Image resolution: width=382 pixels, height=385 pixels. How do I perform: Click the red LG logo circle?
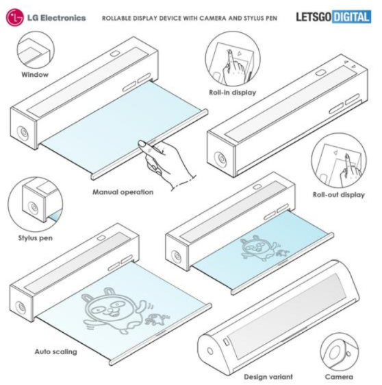15,17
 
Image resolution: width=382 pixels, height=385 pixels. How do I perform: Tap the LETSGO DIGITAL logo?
333,16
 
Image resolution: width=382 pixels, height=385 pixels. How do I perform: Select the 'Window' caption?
35,74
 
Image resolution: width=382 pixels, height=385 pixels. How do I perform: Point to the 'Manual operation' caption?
123,191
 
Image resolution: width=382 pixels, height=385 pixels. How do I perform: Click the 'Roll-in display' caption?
232,93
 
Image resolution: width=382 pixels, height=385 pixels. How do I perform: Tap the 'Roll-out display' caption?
339,195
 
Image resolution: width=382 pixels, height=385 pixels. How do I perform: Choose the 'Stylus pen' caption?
36,238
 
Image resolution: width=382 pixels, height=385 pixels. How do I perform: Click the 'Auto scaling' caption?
56,351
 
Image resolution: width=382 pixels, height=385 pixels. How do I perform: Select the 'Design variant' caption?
268,377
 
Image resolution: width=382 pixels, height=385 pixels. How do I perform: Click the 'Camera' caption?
339,377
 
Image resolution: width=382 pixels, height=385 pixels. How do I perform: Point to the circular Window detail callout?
36,50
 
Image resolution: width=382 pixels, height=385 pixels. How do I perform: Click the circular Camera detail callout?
339,352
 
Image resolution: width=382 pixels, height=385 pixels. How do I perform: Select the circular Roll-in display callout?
233,59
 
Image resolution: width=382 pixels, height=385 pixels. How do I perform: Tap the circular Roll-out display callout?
339,161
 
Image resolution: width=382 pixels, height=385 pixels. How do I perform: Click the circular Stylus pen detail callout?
35,205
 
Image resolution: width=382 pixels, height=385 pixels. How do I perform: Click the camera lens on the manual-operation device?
24,133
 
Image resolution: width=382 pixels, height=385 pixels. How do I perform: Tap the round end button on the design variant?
210,351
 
